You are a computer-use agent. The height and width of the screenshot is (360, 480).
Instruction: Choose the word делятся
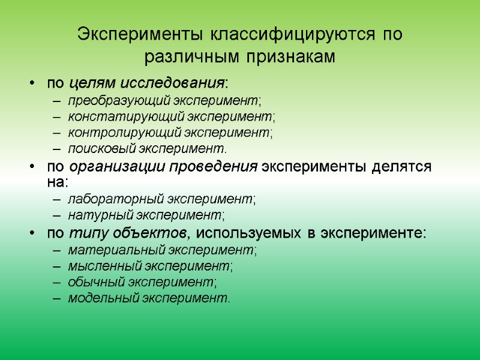pos(404,167)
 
